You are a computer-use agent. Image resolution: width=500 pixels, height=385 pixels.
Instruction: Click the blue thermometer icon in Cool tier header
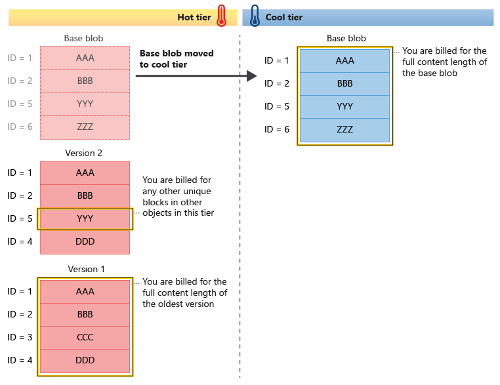255,15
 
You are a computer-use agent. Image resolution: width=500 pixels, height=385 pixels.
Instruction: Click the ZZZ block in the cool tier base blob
344,129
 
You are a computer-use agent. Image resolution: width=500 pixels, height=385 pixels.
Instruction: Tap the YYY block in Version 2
85,218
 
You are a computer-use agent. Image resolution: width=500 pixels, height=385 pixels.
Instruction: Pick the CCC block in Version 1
85,337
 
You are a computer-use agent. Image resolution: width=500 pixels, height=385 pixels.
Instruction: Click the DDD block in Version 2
85,241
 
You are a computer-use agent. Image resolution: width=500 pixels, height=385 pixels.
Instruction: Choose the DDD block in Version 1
85,360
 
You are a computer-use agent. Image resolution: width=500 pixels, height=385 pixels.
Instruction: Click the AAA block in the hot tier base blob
85,58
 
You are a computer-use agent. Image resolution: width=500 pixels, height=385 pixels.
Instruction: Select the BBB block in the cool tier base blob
344,84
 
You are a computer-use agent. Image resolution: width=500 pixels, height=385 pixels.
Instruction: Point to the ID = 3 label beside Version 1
20,337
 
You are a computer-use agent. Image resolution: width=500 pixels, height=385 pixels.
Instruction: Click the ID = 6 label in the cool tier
276,129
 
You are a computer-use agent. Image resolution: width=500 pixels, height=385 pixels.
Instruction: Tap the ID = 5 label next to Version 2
20,218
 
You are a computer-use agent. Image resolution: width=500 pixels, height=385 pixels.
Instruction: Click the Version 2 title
84,153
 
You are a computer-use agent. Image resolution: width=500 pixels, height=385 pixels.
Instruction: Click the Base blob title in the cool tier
346,39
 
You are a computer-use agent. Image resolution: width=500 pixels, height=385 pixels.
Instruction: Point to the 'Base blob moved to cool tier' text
176,59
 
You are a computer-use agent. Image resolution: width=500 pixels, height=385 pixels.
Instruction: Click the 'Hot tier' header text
194,17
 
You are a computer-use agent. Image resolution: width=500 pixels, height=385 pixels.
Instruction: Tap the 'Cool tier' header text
284,17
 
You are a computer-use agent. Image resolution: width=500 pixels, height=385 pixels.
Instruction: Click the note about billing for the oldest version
184,293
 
